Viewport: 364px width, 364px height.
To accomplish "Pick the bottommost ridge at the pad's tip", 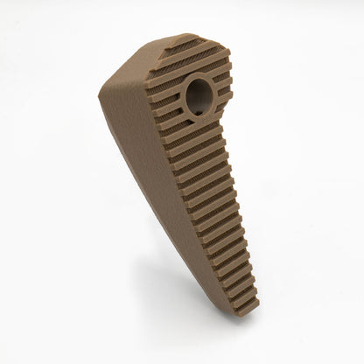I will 247,307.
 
